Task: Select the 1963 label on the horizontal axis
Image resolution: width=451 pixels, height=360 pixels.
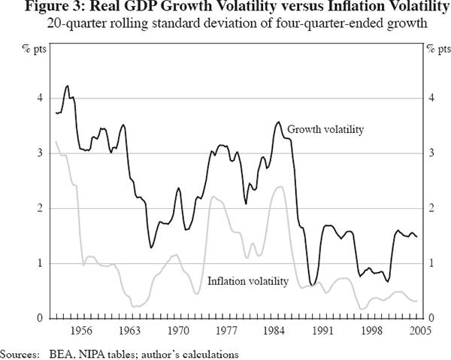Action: (129, 330)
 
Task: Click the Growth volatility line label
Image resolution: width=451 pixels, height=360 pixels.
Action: (325, 129)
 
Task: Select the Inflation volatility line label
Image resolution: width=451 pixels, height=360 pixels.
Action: (247, 282)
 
